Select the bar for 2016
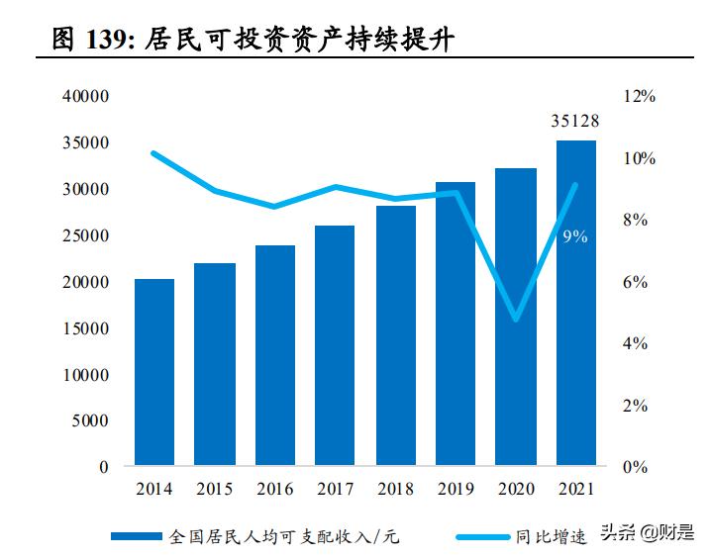coord(274,355)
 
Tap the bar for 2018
coord(395,335)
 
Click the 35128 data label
coord(575,122)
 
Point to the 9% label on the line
coord(574,236)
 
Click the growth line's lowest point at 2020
coord(516,319)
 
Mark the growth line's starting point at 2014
coord(154,153)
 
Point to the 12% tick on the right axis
coord(640,97)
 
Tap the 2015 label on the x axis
coord(214,490)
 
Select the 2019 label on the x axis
coord(455,490)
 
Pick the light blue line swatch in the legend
coord(482,536)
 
